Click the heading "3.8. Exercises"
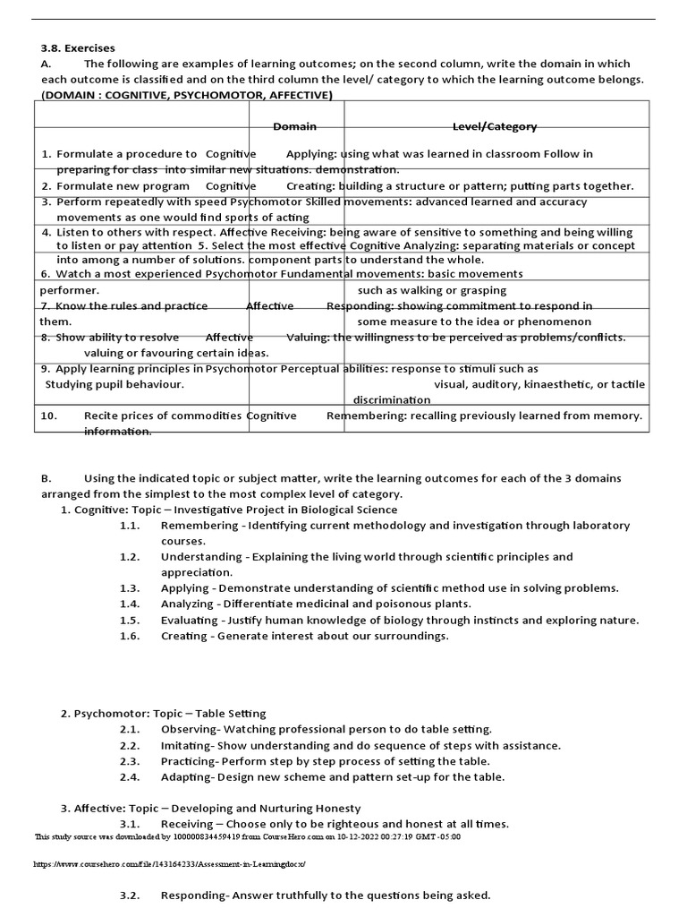tap(78, 47)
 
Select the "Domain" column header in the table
tap(294, 126)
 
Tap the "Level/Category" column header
tap(495, 126)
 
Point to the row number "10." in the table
tap(49, 416)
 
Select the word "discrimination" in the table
tap(391, 399)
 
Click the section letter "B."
tap(47, 478)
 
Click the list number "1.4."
tap(131, 604)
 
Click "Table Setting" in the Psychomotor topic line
tap(231, 714)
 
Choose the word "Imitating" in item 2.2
tap(186, 745)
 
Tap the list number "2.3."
tap(131, 761)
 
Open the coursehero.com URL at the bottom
tap(170, 864)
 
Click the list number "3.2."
tap(131, 896)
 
